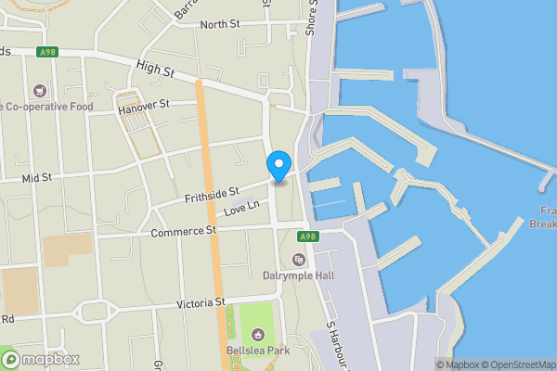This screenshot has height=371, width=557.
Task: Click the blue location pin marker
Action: [x=278, y=166]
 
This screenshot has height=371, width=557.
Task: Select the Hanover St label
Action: [x=145, y=108]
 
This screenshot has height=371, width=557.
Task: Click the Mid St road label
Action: [x=37, y=175]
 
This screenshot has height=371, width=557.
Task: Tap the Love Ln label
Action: [x=240, y=210]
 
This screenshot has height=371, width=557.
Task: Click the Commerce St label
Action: [x=184, y=230]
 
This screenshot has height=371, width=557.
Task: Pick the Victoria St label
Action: [x=201, y=302]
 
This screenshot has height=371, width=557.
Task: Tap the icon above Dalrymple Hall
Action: [x=299, y=259]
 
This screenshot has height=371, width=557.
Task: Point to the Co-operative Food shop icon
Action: [x=39, y=91]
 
